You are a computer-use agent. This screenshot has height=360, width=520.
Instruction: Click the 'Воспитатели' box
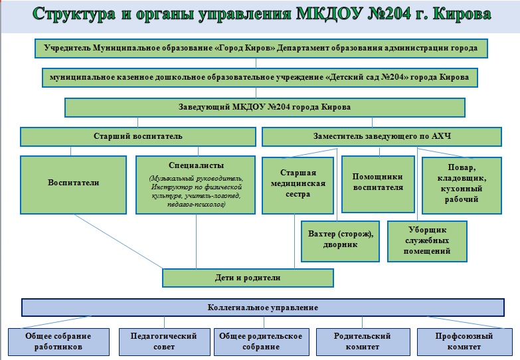73,185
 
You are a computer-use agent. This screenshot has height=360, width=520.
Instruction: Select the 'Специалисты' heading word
196,165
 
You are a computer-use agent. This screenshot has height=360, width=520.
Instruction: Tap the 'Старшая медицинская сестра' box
298,185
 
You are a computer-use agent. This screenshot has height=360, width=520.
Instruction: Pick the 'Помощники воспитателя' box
378,184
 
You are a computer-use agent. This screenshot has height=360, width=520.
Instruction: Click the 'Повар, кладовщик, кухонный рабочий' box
462,185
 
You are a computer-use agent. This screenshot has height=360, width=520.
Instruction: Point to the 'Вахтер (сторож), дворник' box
340,241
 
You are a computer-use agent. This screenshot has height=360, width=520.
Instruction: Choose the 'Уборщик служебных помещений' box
427,241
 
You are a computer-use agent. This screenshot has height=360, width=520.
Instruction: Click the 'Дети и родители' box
248,278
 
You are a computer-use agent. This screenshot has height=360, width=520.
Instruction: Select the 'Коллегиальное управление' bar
262,308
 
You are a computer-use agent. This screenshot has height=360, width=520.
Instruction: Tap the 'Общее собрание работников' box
58,342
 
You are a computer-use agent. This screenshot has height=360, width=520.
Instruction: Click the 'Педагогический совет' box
164,342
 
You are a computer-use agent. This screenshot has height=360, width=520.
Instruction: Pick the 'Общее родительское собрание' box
261,342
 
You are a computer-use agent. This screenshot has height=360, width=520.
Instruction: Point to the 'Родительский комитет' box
363,342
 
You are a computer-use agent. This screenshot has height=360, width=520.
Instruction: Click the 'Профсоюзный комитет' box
464,342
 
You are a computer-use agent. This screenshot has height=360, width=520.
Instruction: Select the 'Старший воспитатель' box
138,137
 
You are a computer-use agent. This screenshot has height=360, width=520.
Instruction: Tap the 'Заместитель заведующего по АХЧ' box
382,137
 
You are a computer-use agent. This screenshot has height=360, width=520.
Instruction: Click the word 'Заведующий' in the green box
204,107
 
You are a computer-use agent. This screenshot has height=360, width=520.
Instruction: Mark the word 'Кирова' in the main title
462,14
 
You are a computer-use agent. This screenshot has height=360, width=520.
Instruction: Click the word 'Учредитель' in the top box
67,48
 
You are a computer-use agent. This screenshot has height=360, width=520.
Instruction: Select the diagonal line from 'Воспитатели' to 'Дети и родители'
118,241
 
